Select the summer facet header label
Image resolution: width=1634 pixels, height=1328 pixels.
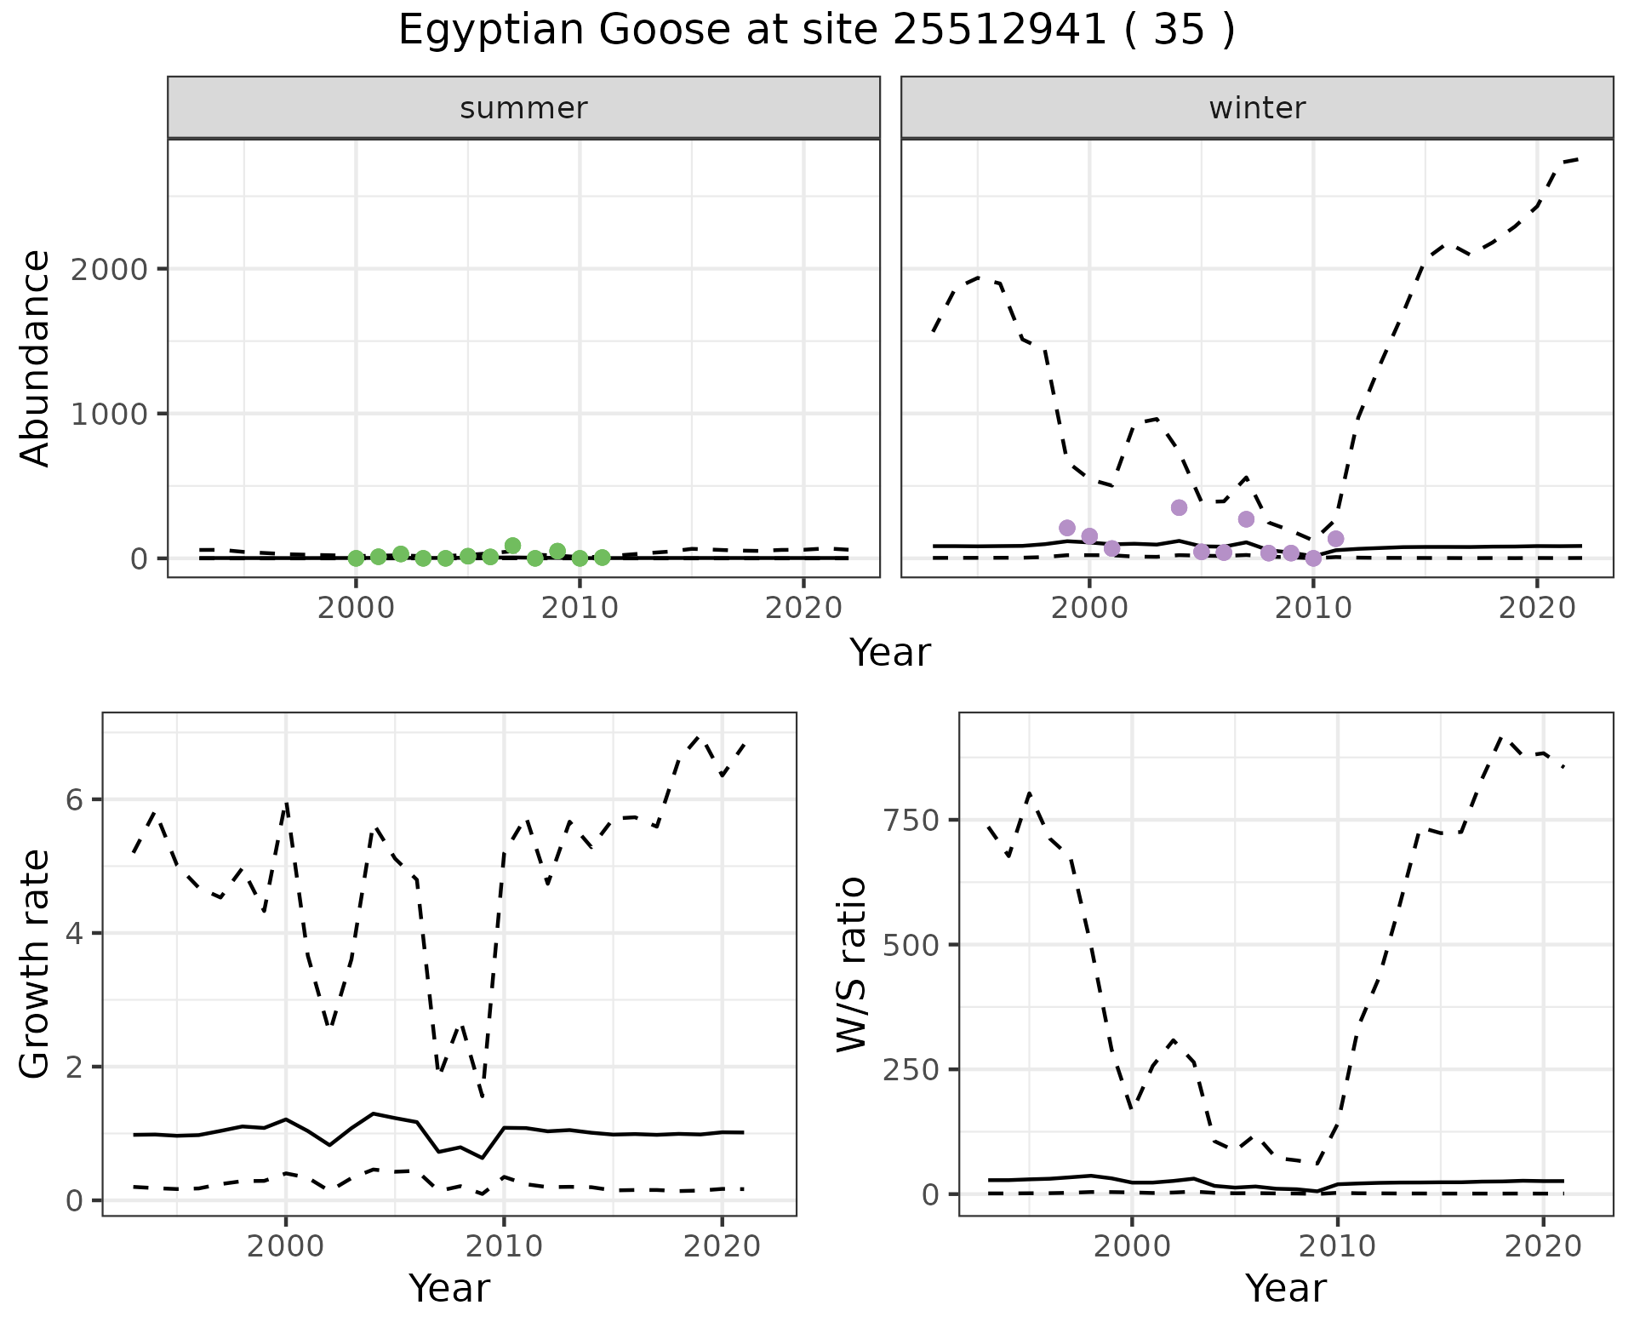coord(523,108)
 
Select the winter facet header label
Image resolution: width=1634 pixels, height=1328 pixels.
coord(1257,108)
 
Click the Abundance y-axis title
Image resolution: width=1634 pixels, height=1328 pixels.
coord(36,358)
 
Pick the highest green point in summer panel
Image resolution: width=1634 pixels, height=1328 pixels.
coord(512,546)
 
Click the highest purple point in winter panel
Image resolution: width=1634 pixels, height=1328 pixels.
coord(1179,507)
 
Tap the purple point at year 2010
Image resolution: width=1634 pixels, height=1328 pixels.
coord(1313,558)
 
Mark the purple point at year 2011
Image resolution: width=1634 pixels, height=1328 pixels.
coord(1335,539)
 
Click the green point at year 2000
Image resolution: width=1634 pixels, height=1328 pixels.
coord(356,558)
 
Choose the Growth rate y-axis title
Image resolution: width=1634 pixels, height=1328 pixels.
coord(36,965)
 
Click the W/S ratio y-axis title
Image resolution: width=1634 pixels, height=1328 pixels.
coord(851,965)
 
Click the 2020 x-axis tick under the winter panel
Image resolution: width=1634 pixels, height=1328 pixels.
coord(1536,608)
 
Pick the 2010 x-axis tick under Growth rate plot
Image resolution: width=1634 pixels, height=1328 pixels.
coord(504,1247)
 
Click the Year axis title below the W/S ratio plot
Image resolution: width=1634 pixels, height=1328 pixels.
coord(1285,1289)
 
